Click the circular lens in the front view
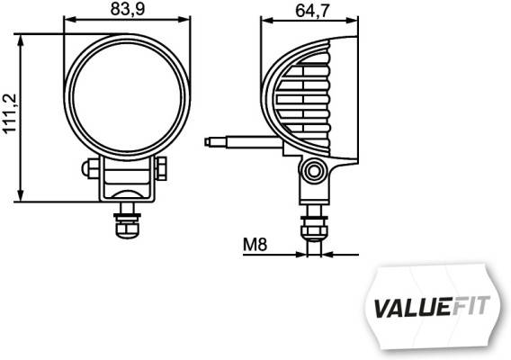127,95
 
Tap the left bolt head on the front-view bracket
90,167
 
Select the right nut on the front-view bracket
161,167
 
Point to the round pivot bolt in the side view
313,170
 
